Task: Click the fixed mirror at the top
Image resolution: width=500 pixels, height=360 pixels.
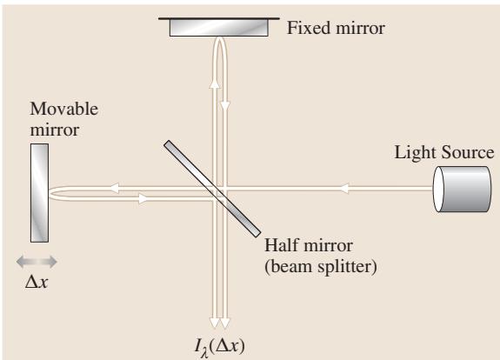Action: tap(219, 28)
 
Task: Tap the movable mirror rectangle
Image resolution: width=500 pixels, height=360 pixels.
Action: tap(39, 193)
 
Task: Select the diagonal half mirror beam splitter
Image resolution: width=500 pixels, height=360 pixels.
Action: tap(212, 189)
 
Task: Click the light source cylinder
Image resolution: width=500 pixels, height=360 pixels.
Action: tap(462, 189)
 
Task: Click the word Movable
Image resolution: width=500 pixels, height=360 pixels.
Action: tap(63, 109)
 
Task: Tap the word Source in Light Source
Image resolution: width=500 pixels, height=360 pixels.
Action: tap(468, 152)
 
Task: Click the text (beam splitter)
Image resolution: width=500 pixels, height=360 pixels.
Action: tap(321, 266)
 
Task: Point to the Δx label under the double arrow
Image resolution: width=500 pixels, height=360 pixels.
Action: tap(37, 282)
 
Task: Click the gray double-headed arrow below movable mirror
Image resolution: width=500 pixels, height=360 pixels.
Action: tap(37, 262)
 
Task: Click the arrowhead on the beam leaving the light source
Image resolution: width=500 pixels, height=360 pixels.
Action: tap(343, 189)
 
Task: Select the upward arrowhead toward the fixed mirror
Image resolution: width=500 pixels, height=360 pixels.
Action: tap(215, 82)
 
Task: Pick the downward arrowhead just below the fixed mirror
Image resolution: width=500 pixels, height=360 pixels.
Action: tap(225, 106)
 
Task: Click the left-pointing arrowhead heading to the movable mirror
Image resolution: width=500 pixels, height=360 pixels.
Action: tap(114, 188)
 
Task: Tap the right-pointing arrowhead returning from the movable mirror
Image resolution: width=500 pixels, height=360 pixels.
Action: tap(143, 198)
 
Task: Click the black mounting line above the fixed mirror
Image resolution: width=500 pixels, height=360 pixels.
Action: tap(219, 18)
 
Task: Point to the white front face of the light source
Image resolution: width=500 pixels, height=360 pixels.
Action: tap(438, 189)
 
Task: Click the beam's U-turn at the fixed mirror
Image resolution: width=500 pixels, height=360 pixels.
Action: tap(220, 39)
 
